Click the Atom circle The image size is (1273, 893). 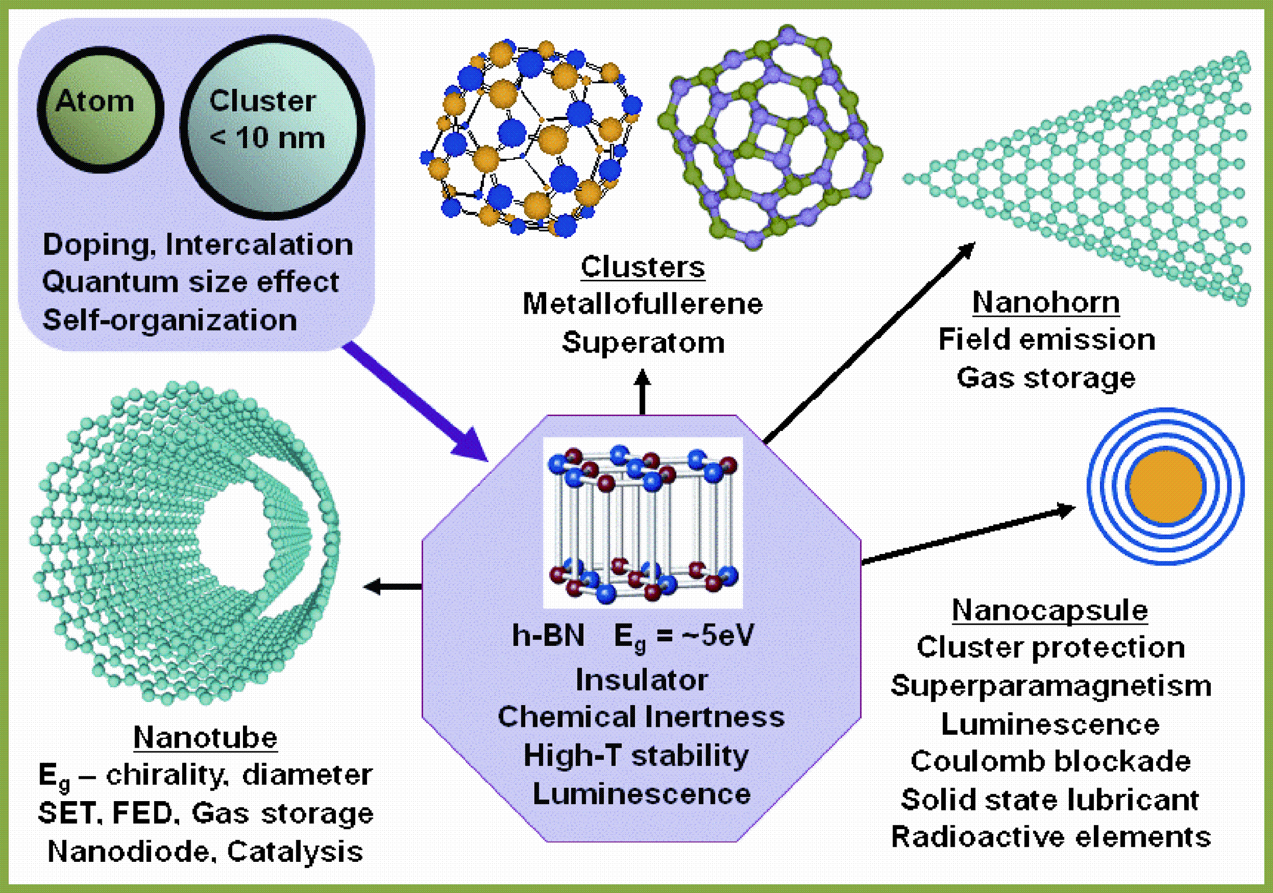click(x=100, y=109)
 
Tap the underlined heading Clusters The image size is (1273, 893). click(x=643, y=267)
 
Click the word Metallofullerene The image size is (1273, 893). click(x=643, y=304)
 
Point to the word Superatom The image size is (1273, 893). click(x=643, y=342)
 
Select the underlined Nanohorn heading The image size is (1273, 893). click(x=1046, y=303)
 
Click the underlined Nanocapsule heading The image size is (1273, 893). click(x=1050, y=610)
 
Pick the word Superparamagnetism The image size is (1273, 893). click(x=1051, y=686)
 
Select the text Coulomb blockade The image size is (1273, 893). click(x=1051, y=762)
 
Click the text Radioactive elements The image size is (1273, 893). click(x=1051, y=837)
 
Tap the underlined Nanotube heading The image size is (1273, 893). click(x=205, y=738)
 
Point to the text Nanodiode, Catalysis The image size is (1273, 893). click(x=205, y=851)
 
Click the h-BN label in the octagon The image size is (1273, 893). click(x=548, y=635)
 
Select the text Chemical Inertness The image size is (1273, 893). click(x=641, y=716)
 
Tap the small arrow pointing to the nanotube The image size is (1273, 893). click(x=391, y=586)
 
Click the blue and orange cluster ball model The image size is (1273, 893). click(x=530, y=139)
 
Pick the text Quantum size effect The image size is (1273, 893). click(x=189, y=282)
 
